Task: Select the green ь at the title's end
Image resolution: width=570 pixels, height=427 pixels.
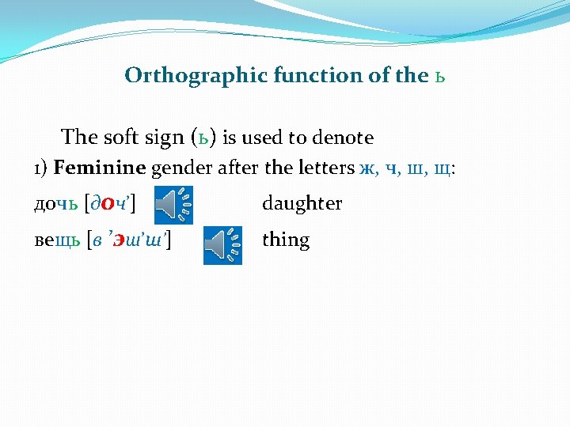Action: point(440,77)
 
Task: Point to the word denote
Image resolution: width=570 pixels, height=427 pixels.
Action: point(344,138)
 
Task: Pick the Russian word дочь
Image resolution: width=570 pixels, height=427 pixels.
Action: point(55,204)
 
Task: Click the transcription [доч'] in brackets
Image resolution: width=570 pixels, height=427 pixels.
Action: point(109,205)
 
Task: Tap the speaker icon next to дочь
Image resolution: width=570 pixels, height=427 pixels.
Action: point(173,206)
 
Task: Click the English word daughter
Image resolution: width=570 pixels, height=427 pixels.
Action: point(302,204)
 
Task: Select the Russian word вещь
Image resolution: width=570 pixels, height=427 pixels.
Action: point(57,240)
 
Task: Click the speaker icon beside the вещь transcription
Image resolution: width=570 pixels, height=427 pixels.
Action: point(222,245)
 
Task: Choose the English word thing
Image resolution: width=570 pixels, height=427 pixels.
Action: point(285,240)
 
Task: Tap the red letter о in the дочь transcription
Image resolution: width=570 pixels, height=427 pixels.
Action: point(108,205)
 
